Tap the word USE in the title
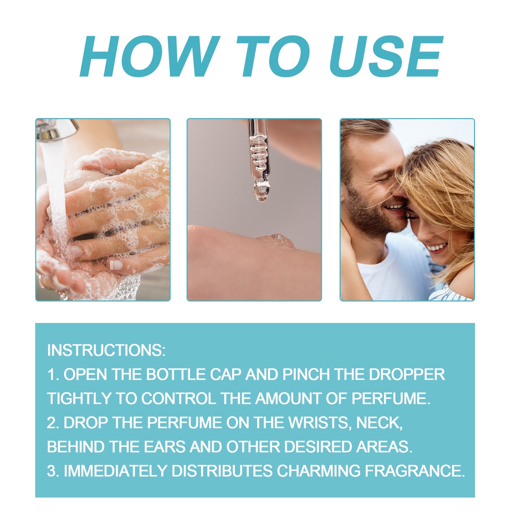coord(385,56)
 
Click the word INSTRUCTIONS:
coord(106,350)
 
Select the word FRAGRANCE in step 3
coord(414,471)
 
